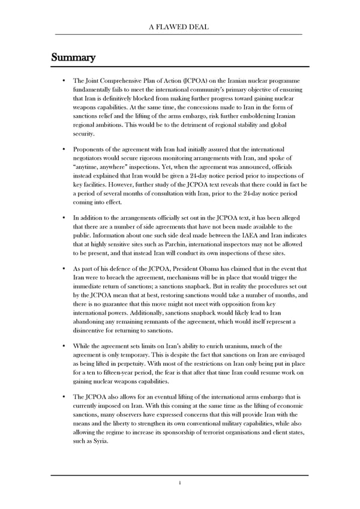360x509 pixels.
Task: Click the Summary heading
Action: click(73, 58)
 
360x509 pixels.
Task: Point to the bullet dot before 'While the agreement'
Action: click(64, 347)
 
